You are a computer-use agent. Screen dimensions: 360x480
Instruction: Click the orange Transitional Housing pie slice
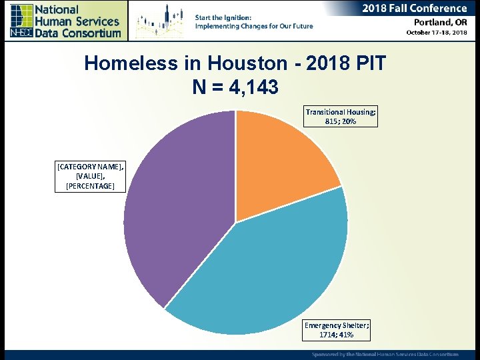pos(280,160)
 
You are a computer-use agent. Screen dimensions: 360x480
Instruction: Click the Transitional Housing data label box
pos(341,117)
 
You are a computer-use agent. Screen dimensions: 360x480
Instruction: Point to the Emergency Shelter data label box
pos(337,329)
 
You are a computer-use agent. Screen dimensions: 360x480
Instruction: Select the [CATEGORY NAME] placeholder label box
pos(90,176)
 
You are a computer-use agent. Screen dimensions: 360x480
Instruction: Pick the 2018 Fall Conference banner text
pos(414,9)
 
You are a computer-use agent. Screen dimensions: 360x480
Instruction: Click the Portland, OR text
pos(437,21)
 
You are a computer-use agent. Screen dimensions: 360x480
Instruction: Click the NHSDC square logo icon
pos(21,21)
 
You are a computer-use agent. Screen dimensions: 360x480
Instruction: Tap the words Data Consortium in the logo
pos(78,33)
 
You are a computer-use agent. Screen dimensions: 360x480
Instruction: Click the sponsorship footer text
pos(385,354)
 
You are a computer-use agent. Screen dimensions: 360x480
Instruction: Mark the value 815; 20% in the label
pos(341,122)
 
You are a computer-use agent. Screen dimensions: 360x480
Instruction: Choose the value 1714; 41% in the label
pos(337,335)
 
